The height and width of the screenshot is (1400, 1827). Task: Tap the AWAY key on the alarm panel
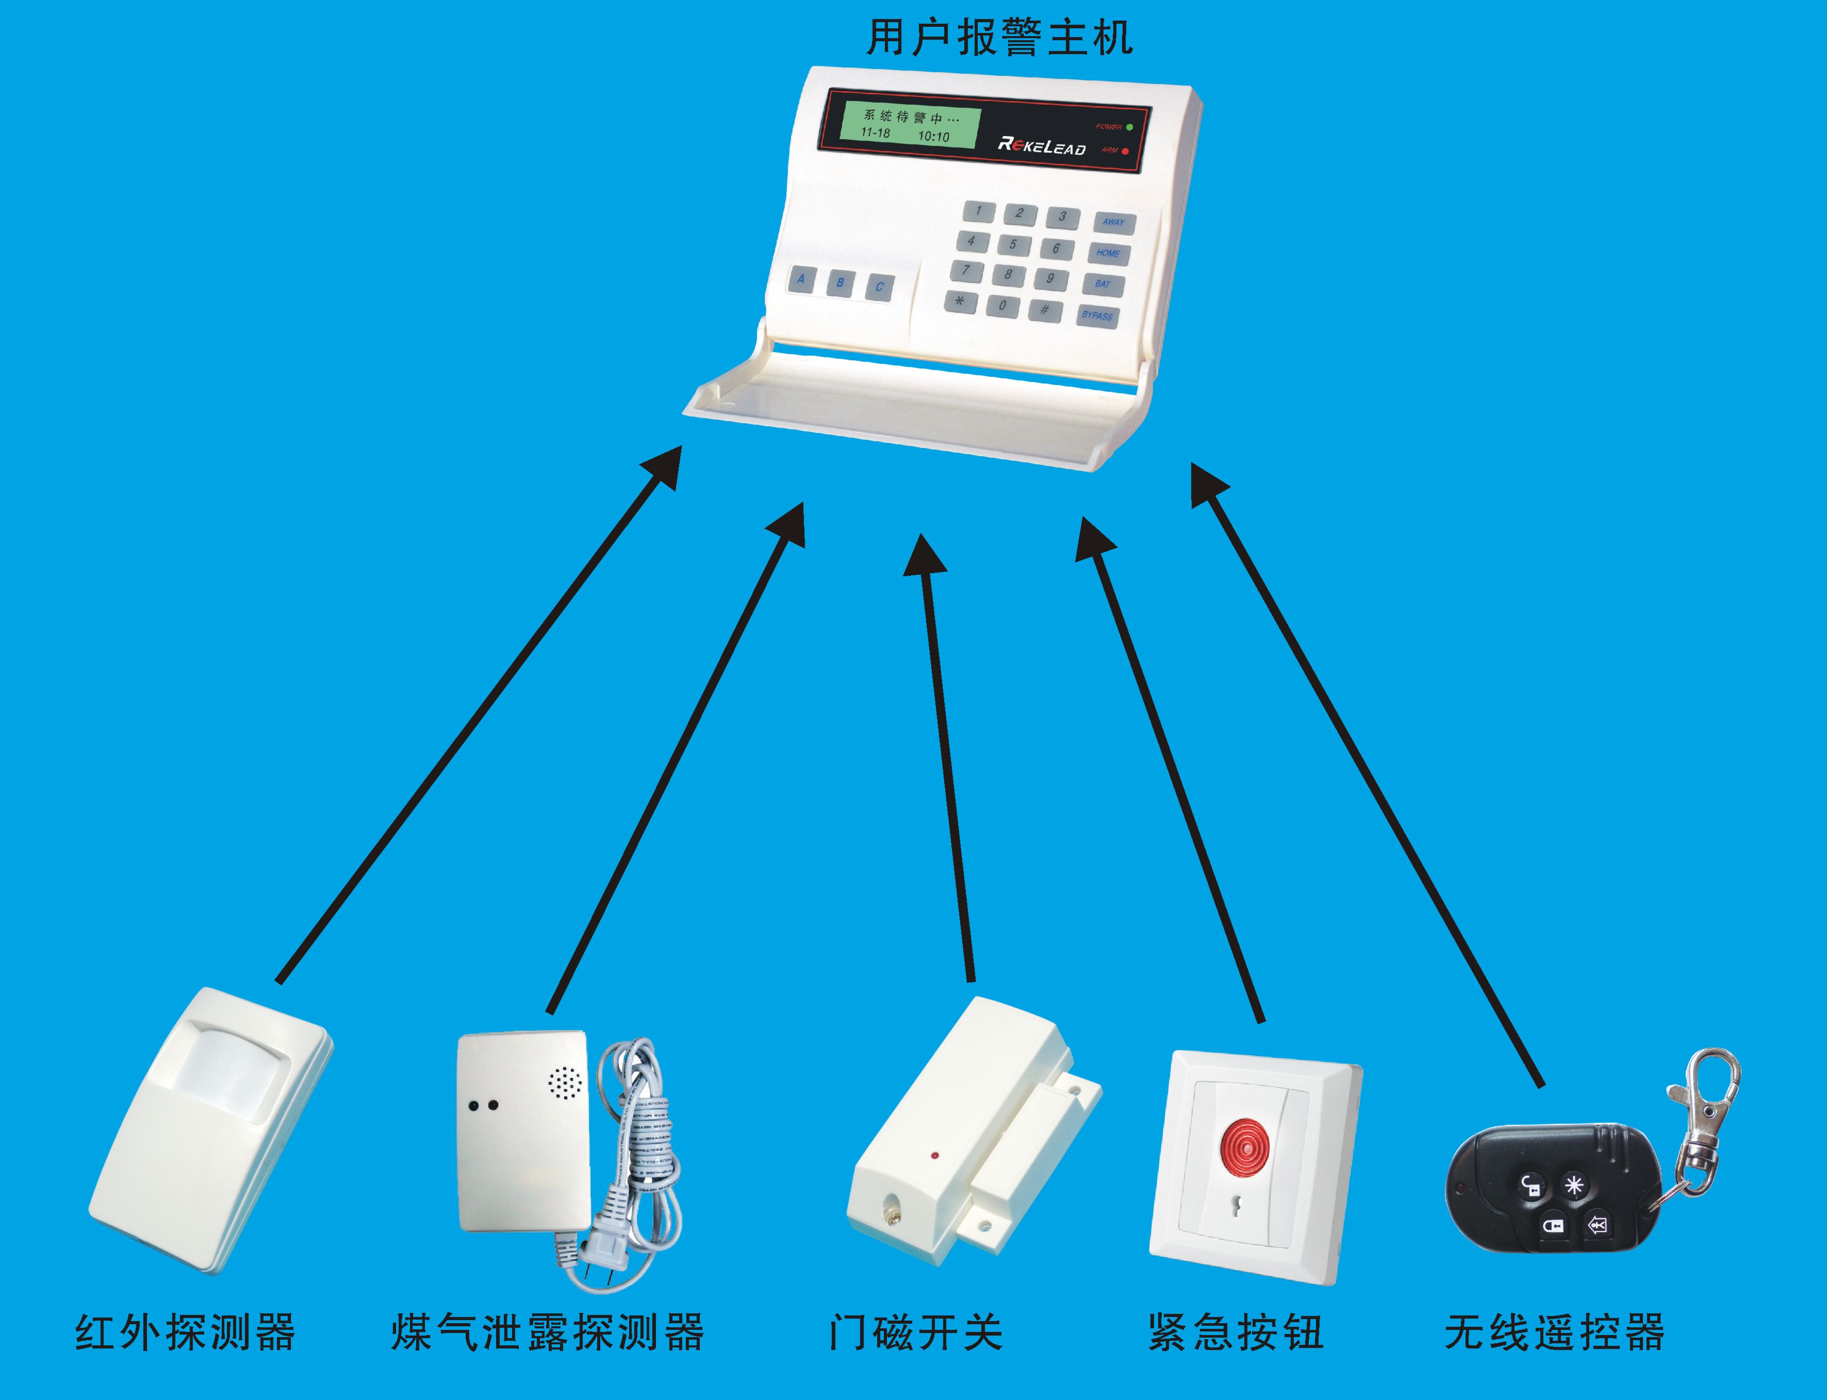(1113, 223)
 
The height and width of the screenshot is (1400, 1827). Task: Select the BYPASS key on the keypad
(1097, 316)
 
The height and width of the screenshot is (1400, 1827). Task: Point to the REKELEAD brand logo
(1041, 146)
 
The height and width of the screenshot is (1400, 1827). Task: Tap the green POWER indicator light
(1129, 127)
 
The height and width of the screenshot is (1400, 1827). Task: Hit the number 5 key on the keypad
(1013, 245)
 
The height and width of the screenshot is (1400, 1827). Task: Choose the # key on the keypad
(1044, 310)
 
